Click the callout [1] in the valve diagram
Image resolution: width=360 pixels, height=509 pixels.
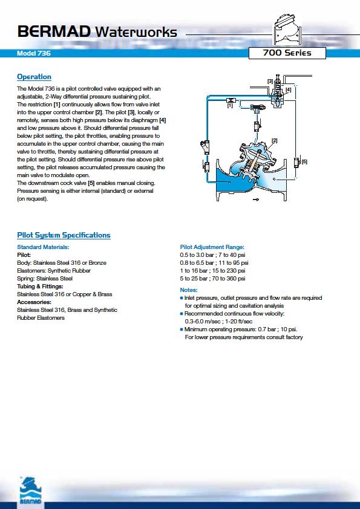[x=230, y=106]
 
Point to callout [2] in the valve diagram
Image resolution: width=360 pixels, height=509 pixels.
[x=275, y=141]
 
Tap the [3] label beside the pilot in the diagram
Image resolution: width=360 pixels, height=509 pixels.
[x=270, y=81]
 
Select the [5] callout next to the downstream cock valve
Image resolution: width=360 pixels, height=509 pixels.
[x=304, y=161]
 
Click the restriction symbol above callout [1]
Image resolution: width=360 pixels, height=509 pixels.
[x=231, y=100]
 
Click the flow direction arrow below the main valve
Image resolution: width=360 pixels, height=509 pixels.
[x=256, y=199]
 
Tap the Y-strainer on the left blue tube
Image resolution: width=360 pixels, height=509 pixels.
[x=205, y=147]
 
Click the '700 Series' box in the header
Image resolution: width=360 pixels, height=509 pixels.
[x=287, y=53]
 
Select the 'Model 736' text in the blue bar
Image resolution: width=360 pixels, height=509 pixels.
[x=34, y=53]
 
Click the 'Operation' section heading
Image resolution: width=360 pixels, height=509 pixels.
[x=34, y=77]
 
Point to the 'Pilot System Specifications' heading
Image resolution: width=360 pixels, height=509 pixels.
[x=64, y=235]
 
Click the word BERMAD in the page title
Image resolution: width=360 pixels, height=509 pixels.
[x=54, y=32]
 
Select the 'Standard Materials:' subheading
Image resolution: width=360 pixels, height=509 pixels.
[x=43, y=247]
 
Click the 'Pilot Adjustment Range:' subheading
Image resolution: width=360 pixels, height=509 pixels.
[x=212, y=247]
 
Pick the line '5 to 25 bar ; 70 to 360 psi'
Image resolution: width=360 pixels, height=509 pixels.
[x=212, y=279]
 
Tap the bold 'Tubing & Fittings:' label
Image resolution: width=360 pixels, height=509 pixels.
[x=40, y=287]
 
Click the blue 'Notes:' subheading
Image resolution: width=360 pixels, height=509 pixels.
[x=189, y=290]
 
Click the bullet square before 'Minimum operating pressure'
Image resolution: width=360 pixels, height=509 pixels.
[x=182, y=329]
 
